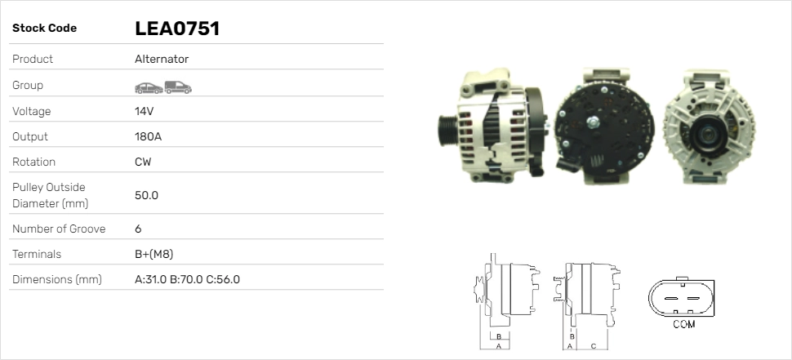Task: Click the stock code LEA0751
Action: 176,29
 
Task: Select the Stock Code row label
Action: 44,29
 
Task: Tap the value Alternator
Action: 162,60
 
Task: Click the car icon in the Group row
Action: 148,87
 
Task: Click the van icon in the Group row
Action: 177,87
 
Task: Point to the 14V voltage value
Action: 145,111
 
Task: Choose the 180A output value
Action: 148,136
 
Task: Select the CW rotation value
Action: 143,162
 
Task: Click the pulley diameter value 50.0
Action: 146,195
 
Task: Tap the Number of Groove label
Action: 59,229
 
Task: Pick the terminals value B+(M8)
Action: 154,254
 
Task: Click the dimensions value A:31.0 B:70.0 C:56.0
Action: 187,279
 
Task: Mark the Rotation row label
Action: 35,162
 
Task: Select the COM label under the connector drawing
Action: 683,325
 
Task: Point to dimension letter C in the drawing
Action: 593,346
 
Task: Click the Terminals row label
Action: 37,254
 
